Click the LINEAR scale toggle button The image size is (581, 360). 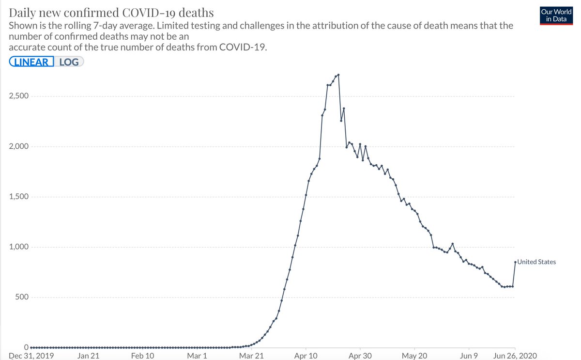(x=32, y=62)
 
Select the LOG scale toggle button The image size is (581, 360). (x=69, y=62)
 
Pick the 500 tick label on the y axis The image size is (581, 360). (x=21, y=297)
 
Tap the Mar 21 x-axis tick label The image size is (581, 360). (x=251, y=356)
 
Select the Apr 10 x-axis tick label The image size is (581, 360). (x=306, y=356)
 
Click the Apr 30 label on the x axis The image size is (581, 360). (x=360, y=356)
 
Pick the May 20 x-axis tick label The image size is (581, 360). (x=415, y=356)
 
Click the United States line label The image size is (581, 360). (x=536, y=262)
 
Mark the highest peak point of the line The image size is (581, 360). (x=338, y=75)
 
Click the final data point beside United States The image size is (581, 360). (x=515, y=262)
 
